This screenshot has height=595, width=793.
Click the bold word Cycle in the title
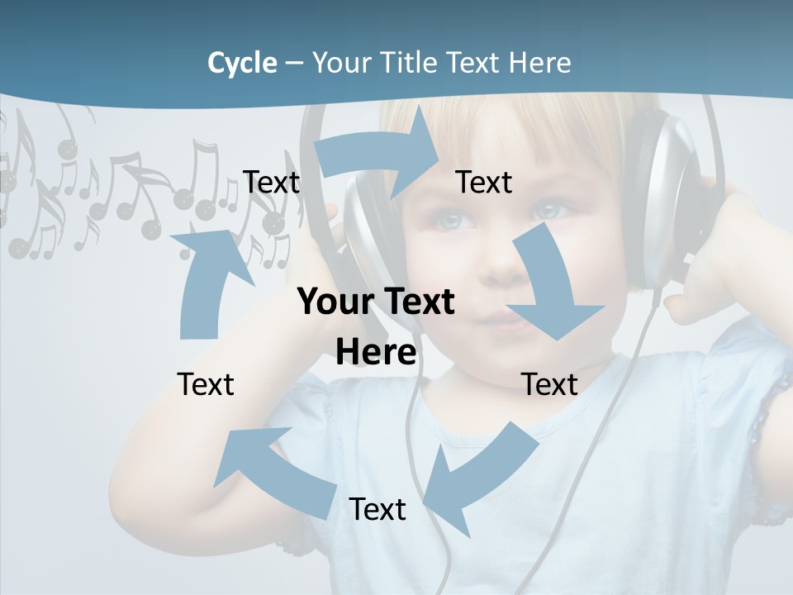[x=242, y=63]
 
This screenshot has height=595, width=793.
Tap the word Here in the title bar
[x=540, y=63]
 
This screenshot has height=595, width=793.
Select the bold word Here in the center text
[x=376, y=353]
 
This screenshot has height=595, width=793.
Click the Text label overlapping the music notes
[x=272, y=182]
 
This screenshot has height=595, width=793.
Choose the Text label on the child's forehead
[x=484, y=182]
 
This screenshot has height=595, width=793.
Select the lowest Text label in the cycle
[x=378, y=509]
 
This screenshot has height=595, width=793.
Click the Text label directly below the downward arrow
[x=549, y=384]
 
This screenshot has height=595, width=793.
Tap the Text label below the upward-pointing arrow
[x=206, y=384]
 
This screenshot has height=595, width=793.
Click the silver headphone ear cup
[x=661, y=190]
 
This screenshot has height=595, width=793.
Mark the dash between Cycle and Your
[x=294, y=63]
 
